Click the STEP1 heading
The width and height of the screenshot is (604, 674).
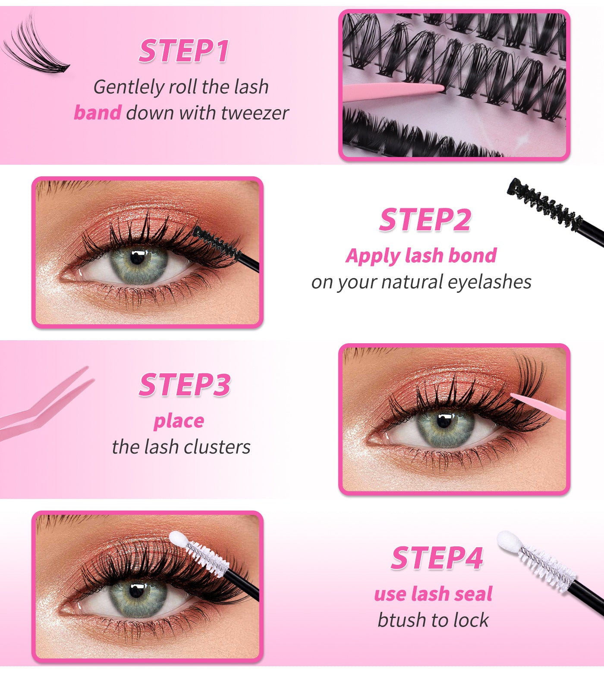(183, 51)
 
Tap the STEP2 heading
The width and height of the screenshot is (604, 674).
(425, 220)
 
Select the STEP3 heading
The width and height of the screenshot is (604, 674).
(184, 385)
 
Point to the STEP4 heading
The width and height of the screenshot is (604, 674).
(437, 558)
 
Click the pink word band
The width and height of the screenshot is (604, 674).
(98, 113)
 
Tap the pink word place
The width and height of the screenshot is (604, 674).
(179, 421)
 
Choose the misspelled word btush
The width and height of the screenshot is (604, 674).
(395, 620)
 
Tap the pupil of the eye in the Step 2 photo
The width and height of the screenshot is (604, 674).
(138, 257)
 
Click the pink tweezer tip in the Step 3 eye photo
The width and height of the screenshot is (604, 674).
(516, 396)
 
